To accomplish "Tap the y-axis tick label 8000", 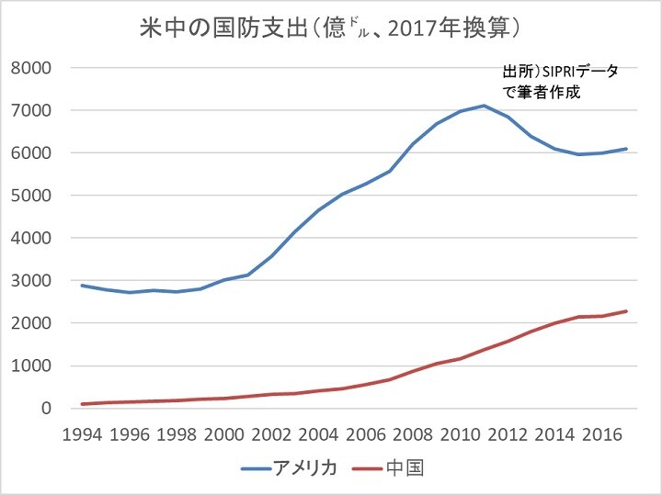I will click(31, 69).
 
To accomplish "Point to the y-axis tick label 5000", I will click(31, 196).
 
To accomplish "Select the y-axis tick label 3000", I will click(31, 281).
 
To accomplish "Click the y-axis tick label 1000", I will click(31, 366).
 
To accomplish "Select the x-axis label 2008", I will click(413, 433).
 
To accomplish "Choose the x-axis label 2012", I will click(507, 433).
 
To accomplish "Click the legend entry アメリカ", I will click(306, 468).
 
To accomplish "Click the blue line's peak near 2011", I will click(483, 106).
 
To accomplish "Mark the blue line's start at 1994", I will click(83, 286).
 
